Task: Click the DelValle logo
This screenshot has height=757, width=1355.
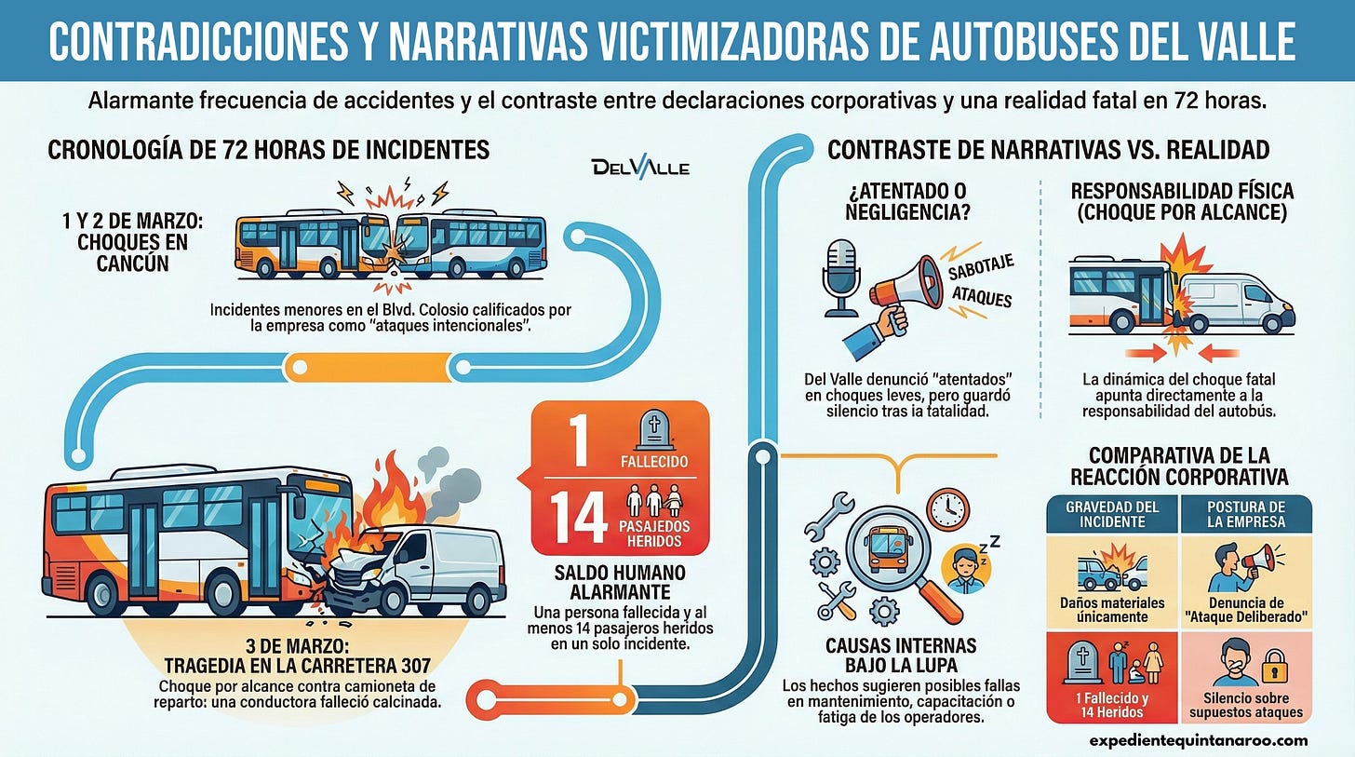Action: pyautogui.click(x=640, y=168)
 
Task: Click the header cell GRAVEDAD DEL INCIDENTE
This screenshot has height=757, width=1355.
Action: pyautogui.click(x=1112, y=514)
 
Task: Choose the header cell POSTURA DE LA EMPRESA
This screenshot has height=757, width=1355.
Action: pyautogui.click(x=1246, y=514)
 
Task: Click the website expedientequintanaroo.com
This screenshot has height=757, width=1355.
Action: pyautogui.click(x=1199, y=740)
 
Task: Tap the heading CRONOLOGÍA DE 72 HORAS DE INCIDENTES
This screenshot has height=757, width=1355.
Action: pyautogui.click(x=268, y=149)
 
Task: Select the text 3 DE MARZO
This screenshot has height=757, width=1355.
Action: pyautogui.click(x=297, y=646)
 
